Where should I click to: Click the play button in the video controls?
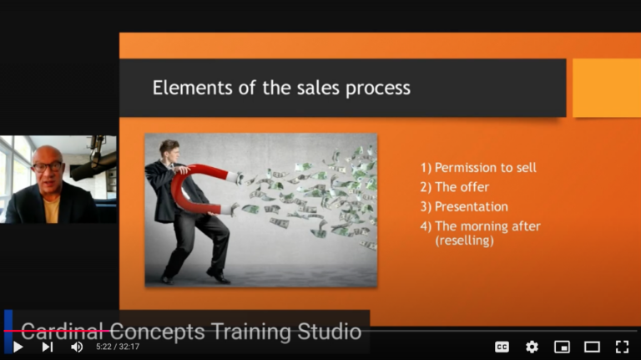(x=18, y=347)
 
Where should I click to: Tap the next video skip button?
(x=48, y=347)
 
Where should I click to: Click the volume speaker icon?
(x=77, y=347)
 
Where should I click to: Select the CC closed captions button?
(x=502, y=347)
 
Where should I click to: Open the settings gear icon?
(x=532, y=347)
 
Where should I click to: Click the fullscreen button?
(x=622, y=347)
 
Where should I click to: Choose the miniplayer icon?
(x=562, y=347)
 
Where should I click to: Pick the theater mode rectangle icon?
(x=592, y=347)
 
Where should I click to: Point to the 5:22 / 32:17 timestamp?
(x=118, y=347)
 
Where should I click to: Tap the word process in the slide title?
(x=378, y=89)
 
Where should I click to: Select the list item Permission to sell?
(x=478, y=167)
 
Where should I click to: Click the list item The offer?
(x=455, y=187)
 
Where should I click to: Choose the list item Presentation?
(x=464, y=206)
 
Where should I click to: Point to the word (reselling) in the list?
(x=464, y=240)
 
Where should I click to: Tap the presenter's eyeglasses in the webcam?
(x=47, y=166)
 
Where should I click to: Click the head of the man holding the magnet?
(x=169, y=150)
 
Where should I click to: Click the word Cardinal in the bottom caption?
(x=61, y=332)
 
